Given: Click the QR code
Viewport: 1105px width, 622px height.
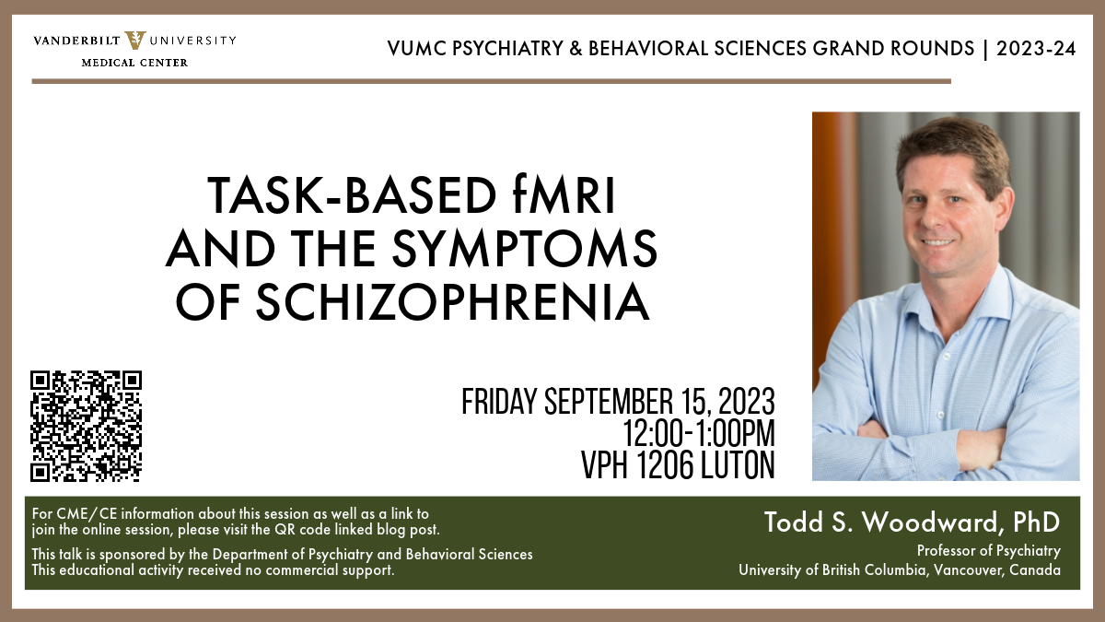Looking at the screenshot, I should pyautogui.click(x=86, y=426).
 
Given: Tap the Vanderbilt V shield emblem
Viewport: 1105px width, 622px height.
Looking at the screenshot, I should pyautogui.click(x=134, y=41).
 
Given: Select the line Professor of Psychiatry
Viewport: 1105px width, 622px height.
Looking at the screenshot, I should pyautogui.click(x=989, y=551).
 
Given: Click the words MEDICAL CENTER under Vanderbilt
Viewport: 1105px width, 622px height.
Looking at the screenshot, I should pyautogui.click(x=134, y=63).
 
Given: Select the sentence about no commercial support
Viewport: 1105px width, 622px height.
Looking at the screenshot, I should pyautogui.click(x=213, y=571).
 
